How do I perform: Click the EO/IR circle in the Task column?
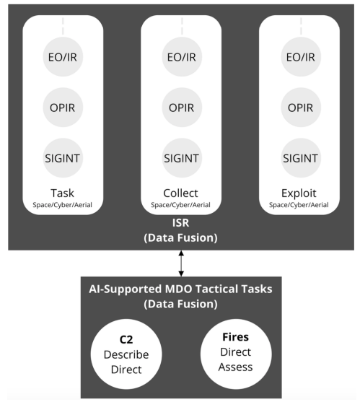click(63, 57)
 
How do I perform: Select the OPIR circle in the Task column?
click(63, 107)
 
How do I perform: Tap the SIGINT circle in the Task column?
click(63, 158)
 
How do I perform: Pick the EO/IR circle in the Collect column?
click(182, 57)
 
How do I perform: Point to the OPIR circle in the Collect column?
click(182, 107)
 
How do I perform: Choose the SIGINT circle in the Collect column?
click(182, 158)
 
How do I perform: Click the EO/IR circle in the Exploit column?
click(301, 57)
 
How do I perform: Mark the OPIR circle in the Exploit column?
click(301, 107)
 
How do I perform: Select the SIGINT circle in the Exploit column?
click(301, 158)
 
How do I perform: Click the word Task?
click(62, 193)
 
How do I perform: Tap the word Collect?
click(180, 193)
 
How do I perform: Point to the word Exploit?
click(299, 193)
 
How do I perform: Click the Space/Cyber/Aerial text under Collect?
click(180, 205)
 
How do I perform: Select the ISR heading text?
click(180, 223)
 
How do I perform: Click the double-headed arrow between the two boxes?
click(181, 263)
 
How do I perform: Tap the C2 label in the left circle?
click(126, 340)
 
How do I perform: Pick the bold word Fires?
click(235, 337)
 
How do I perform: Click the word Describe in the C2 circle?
click(126, 354)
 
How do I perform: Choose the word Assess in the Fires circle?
click(235, 367)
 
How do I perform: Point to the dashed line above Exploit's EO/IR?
click(301, 26)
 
